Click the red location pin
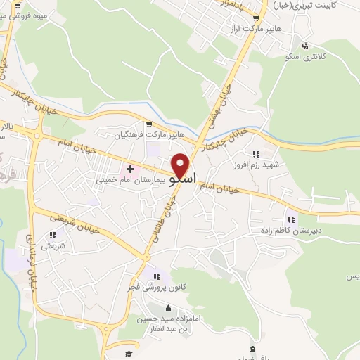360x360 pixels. click(181, 165)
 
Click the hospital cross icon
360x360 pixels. click(131, 169)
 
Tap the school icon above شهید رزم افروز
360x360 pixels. click(256, 154)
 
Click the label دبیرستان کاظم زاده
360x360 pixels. click(290, 230)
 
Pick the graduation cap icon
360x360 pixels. click(129, 354)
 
